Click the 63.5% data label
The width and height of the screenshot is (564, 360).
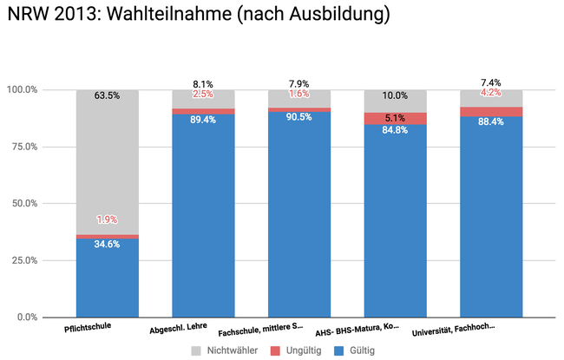pos(108,95)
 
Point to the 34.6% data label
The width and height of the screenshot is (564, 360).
pos(108,245)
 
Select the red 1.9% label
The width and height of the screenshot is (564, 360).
pos(108,220)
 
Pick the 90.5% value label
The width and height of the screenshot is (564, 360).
pos(299,118)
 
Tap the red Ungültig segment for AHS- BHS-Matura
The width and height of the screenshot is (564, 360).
pos(395,119)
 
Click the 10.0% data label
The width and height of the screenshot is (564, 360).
pos(395,95)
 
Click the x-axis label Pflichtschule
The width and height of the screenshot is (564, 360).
pos(89,329)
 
